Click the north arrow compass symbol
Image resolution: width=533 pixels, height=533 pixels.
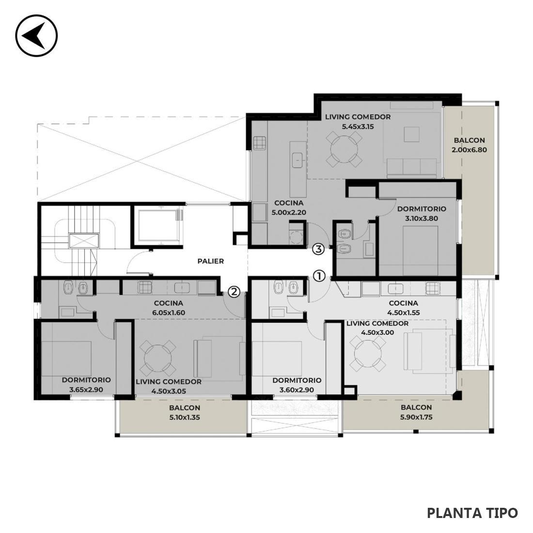(x=36, y=35)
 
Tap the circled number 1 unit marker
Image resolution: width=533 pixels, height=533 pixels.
(x=319, y=276)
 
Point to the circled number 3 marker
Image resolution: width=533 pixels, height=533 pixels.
(x=318, y=249)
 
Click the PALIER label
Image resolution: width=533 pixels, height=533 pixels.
(x=211, y=261)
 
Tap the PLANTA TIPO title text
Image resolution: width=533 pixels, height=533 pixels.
(x=472, y=513)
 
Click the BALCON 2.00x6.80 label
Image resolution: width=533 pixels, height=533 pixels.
(x=470, y=145)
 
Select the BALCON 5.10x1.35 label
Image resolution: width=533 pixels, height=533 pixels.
(x=185, y=412)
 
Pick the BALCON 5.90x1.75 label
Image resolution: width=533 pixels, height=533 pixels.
(x=416, y=412)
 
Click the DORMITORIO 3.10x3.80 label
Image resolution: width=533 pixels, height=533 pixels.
(x=422, y=214)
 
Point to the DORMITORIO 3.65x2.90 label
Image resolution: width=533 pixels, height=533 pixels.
(x=86, y=385)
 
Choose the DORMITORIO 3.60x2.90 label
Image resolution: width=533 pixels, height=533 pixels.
(x=297, y=385)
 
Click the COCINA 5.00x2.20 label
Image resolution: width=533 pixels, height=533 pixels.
(x=289, y=208)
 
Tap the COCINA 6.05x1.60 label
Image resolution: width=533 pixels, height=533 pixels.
(x=169, y=308)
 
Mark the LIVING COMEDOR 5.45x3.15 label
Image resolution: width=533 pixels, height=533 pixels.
(x=358, y=122)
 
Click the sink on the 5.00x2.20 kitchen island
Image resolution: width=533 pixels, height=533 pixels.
(x=298, y=160)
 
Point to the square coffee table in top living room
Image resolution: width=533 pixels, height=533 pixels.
(x=412, y=134)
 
